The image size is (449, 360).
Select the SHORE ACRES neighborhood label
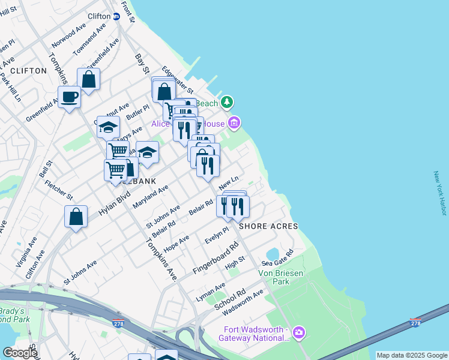coord(268,226)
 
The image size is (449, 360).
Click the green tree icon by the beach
coord(226,103)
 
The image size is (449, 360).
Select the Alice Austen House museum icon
coord(234,124)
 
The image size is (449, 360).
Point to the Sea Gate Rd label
coord(277,257)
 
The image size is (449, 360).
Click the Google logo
coord(19,353)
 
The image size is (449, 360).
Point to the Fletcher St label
coord(58,188)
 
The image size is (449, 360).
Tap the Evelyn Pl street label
coord(217,233)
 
